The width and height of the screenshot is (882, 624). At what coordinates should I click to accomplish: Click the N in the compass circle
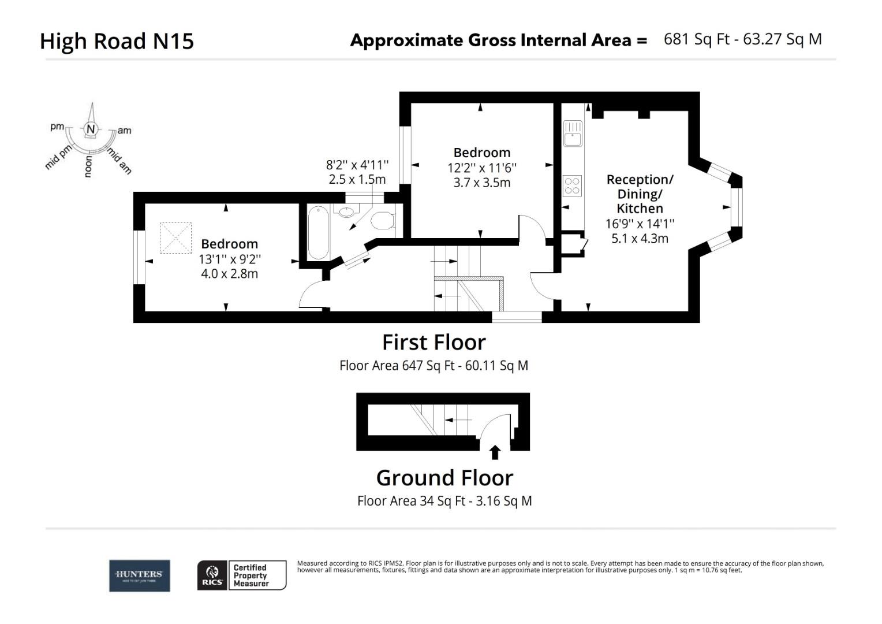tap(91, 129)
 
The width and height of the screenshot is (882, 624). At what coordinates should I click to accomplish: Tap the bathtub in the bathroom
tap(318, 232)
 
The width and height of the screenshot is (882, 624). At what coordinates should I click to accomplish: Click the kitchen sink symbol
tap(573, 135)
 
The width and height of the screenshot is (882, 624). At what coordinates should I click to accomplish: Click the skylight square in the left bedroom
tap(175, 237)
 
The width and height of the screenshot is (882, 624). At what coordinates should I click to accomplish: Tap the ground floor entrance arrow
tap(495, 452)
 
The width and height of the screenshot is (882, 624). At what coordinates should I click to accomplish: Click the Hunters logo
tap(140, 575)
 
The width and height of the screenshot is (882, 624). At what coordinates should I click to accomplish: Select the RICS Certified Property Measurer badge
tap(242, 575)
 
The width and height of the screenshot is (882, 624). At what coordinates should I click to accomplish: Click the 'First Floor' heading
tap(434, 342)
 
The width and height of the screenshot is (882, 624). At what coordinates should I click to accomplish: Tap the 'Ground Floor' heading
tap(444, 478)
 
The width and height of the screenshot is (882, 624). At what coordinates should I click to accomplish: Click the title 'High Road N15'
tap(117, 41)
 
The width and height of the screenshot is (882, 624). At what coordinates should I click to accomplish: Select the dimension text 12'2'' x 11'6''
tap(482, 168)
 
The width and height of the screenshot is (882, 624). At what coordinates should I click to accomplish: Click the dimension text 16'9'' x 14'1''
tap(640, 224)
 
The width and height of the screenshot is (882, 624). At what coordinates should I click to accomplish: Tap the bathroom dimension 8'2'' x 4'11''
tap(357, 165)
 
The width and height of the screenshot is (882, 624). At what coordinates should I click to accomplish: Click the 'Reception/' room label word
tap(640, 180)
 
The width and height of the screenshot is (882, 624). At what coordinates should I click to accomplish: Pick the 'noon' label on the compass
tap(88, 166)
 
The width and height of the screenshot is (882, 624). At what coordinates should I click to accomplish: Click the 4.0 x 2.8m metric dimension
tap(229, 274)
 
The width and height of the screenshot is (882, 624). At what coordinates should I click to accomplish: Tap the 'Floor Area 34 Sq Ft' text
tap(410, 501)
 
